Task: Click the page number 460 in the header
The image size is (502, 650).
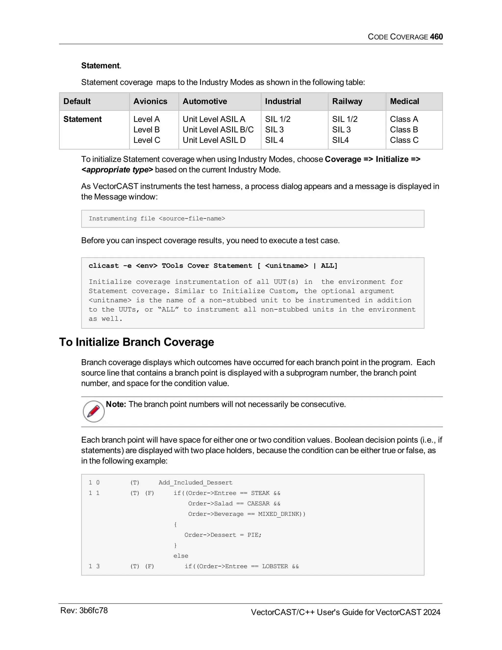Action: [436, 37]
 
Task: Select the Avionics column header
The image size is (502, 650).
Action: [150, 101]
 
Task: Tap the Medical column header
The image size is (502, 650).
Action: [404, 101]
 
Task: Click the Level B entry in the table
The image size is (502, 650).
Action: [146, 130]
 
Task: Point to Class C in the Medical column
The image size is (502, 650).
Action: [404, 140]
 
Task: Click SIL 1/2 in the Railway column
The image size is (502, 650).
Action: [344, 119]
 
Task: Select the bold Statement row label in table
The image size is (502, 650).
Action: [82, 119]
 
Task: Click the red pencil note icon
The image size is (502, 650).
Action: [94, 411]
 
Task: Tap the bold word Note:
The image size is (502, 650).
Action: [116, 404]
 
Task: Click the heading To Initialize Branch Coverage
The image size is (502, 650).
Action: [137, 342]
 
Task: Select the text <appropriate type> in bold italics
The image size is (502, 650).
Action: [117, 170]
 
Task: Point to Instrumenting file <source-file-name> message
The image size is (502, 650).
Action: [157, 219]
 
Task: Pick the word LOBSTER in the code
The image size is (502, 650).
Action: [275, 566]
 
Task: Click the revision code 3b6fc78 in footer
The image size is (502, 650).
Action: [93, 611]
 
